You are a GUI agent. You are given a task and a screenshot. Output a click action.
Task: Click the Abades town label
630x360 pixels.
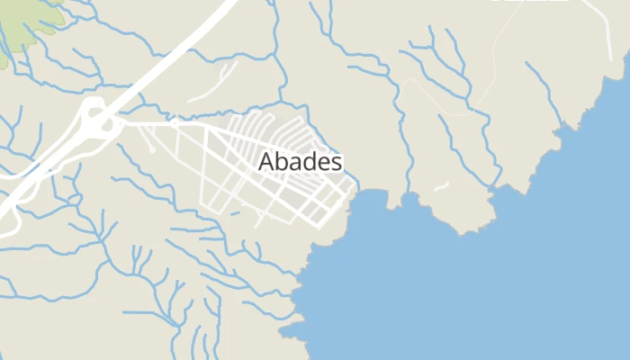coord(301,162)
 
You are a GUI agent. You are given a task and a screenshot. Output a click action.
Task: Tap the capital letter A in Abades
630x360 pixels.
coord(265,162)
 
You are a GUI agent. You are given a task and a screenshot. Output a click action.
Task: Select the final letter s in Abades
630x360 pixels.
coord(336,163)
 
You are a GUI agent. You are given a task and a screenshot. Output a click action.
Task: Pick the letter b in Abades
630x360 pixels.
coord(279,162)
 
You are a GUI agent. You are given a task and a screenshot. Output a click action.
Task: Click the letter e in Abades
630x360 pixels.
coord(321,163)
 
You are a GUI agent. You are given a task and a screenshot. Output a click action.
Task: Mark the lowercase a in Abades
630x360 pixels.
coord(292,163)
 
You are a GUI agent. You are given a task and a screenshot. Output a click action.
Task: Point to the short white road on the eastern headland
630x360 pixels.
coord(441,186)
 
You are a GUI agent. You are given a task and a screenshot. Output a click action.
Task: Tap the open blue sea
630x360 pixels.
coord(495,288)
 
